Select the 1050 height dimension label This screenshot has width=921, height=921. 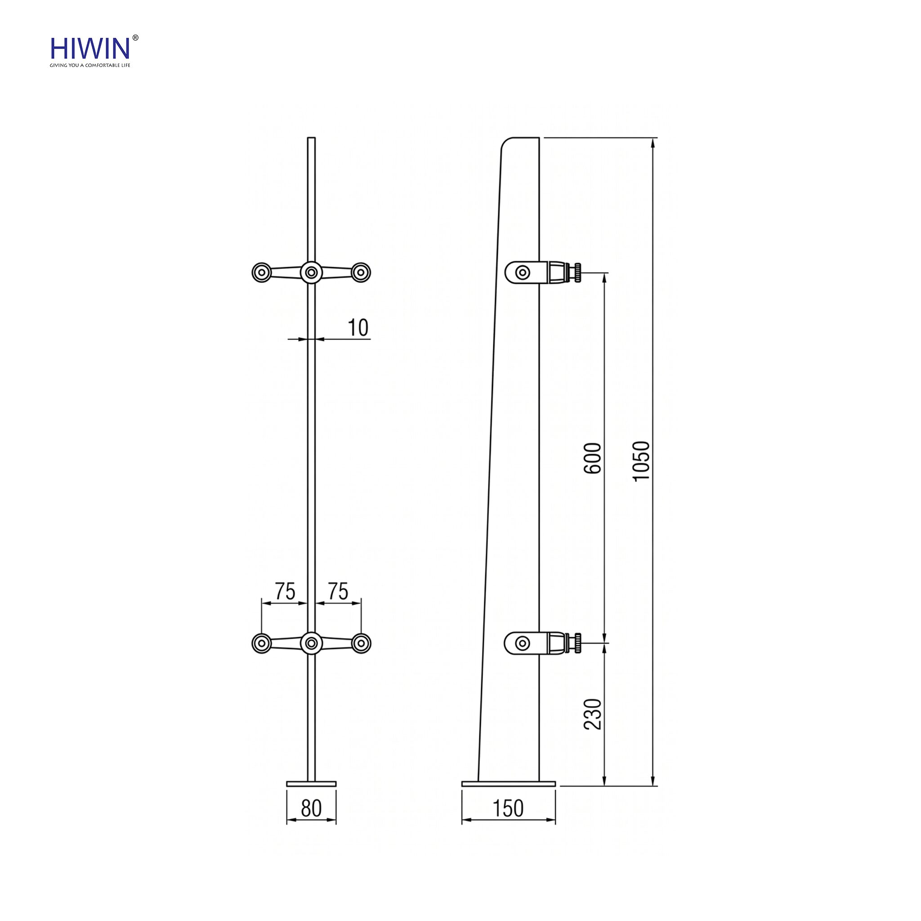(642, 461)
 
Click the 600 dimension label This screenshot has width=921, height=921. (593, 458)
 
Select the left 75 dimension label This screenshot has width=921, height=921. (285, 592)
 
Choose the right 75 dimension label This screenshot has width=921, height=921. (338, 592)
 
